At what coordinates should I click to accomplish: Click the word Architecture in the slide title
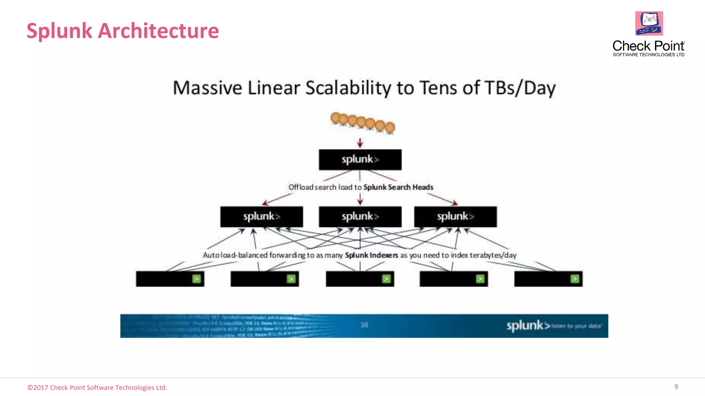pyautogui.click(x=158, y=31)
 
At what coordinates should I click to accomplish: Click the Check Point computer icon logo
pyautogui.click(x=649, y=23)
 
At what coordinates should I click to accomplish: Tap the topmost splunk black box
pyautogui.click(x=360, y=159)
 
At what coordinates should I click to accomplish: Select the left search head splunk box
pyautogui.click(x=262, y=217)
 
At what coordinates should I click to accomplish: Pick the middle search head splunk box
pyautogui.click(x=360, y=217)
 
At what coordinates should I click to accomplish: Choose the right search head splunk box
pyautogui.click(x=455, y=217)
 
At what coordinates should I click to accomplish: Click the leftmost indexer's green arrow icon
pyautogui.click(x=197, y=279)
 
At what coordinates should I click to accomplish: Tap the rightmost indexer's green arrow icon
pyautogui.click(x=575, y=279)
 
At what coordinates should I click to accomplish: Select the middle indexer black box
pyautogui.click(x=355, y=279)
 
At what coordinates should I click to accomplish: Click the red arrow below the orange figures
pyautogui.click(x=360, y=143)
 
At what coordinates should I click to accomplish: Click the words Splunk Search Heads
pyautogui.click(x=398, y=187)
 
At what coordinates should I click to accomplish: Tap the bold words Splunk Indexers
pyautogui.click(x=371, y=255)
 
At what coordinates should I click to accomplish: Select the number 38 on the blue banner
pyautogui.click(x=364, y=325)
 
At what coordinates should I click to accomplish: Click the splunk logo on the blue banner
pyautogui.click(x=528, y=326)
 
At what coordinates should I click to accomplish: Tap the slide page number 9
pyautogui.click(x=676, y=387)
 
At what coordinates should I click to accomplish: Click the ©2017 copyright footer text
pyautogui.click(x=97, y=387)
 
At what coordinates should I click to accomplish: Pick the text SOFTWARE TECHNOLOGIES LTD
pyautogui.click(x=649, y=55)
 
